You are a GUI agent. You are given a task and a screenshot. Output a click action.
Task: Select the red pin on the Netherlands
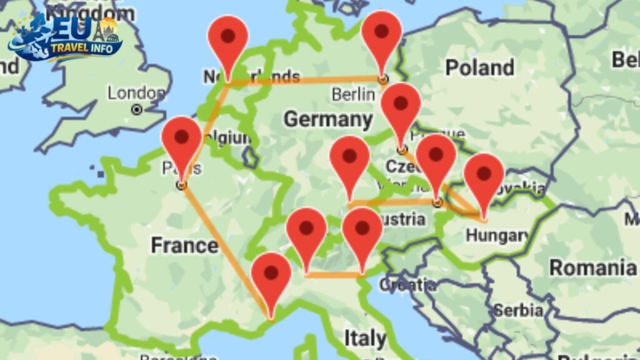(228, 39)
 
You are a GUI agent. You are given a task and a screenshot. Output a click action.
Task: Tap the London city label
(136, 94)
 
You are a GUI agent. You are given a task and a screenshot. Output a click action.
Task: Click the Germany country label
(327, 119)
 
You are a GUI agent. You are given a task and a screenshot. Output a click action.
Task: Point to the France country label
(184, 246)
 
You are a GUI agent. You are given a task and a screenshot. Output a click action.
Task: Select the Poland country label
(479, 67)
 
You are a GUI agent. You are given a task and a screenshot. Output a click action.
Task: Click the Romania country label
(592, 267)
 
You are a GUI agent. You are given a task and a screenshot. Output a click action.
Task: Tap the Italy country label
(365, 338)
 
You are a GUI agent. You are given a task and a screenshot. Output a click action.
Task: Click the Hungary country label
(497, 236)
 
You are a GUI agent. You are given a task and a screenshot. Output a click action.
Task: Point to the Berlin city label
(353, 95)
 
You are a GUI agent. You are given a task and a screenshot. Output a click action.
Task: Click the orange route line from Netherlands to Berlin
(306, 80)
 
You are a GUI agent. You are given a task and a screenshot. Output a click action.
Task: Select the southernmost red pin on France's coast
(271, 278)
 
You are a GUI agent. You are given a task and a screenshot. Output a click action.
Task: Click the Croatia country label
(407, 284)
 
